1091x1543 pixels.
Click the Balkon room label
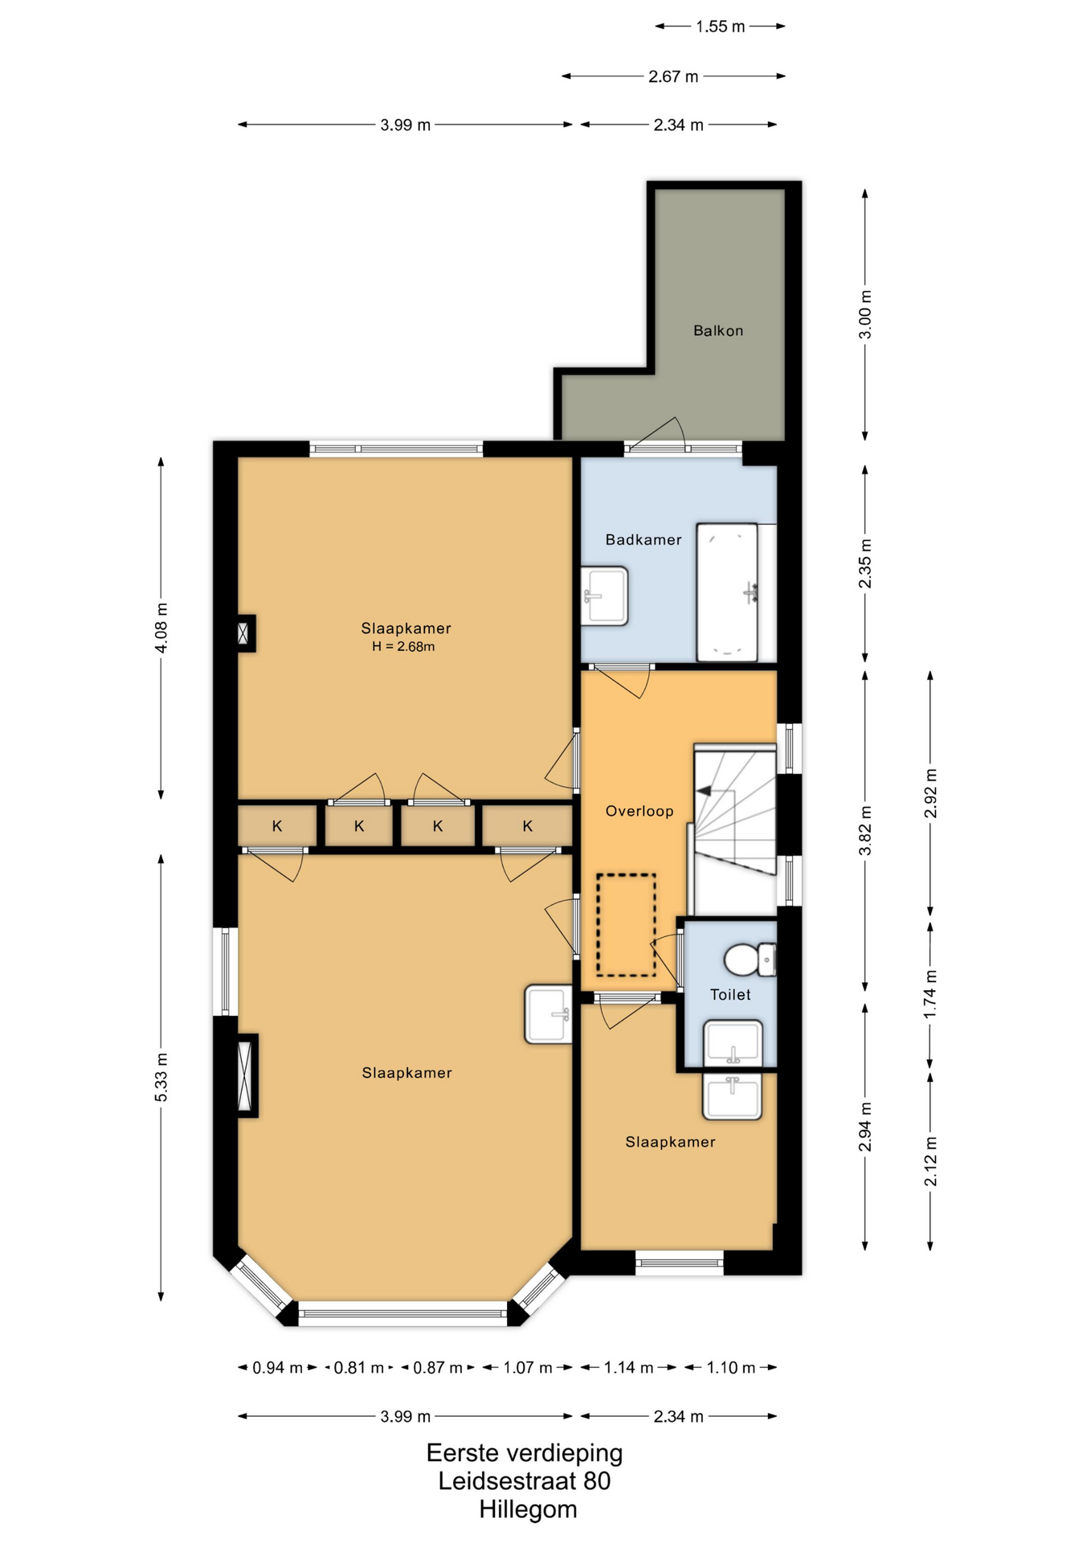click(718, 330)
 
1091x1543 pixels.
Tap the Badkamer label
click(644, 539)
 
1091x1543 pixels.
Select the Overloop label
click(639, 811)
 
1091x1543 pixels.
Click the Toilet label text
click(730, 994)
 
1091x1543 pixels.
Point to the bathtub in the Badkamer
click(727, 592)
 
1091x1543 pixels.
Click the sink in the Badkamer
click(605, 596)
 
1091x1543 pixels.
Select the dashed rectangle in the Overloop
click(626, 925)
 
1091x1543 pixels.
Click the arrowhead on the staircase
click(704, 791)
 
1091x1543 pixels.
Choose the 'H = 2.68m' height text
click(403, 646)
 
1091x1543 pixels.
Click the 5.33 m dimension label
click(161, 1077)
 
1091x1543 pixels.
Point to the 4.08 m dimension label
click(161, 628)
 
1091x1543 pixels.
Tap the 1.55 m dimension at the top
click(721, 27)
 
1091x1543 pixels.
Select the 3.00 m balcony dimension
click(865, 314)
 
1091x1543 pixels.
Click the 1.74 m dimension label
click(930, 994)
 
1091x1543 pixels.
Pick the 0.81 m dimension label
click(358, 1368)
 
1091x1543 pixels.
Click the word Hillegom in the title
click(528, 1509)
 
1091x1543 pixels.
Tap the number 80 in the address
click(597, 1480)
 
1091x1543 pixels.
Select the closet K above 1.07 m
click(527, 826)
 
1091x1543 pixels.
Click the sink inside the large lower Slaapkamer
click(549, 1014)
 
